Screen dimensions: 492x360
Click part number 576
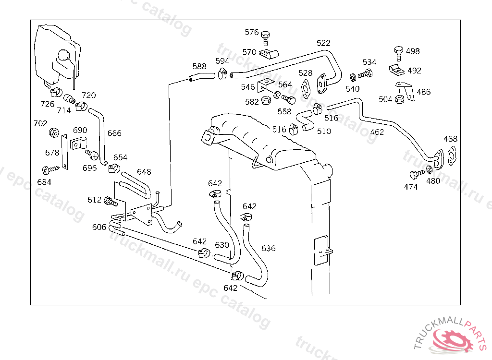click(x=252, y=32)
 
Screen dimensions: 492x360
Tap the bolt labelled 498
click(x=398, y=53)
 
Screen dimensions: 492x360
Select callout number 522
click(x=323, y=43)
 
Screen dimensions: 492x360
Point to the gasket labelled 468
click(x=452, y=156)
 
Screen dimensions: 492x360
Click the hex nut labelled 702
click(x=54, y=132)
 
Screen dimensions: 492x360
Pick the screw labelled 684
click(x=50, y=169)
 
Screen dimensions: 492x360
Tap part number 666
click(x=114, y=133)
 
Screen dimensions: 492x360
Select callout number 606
click(x=99, y=227)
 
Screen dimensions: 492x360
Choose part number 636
click(x=268, y=249)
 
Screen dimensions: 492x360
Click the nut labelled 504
click(x=399, y=99)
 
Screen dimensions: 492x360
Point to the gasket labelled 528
click(x=305, y=89)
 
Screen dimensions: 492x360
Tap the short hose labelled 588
click(x=202, y=76)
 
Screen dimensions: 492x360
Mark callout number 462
click(x=377, y=132)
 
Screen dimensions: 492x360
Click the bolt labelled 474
click(x=417, y=174)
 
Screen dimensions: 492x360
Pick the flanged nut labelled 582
click(x=266, y=100)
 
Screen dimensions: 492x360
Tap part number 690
click(x=80, y=131)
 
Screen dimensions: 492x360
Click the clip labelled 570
click(x=269, y=54)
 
